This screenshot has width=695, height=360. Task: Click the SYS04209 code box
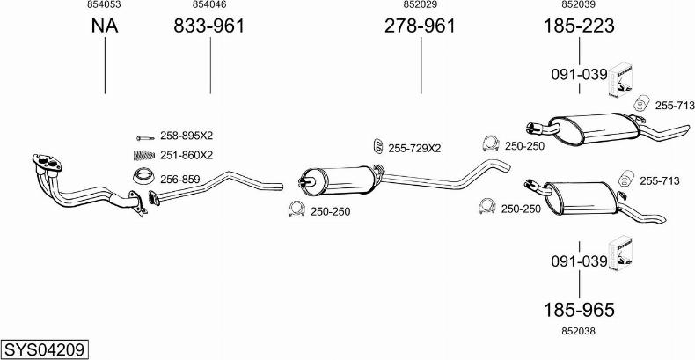[44, 349]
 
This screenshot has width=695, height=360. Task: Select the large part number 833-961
[208, 26]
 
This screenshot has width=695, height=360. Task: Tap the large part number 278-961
[420, 26]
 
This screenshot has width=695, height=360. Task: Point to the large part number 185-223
[579, 26]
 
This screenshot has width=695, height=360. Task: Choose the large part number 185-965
[579, 310]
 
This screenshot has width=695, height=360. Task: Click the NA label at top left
[105, 26]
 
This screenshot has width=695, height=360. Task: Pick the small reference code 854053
[104, 5]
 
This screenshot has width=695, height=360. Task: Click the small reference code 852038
[578, 331]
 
